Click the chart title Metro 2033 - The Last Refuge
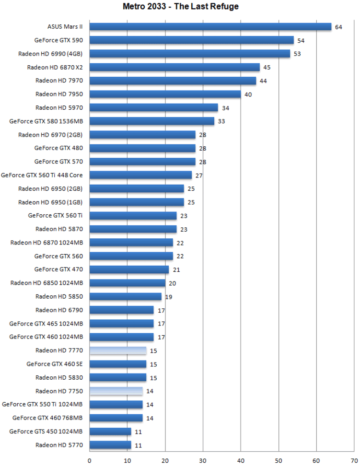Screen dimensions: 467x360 tap(180, 7)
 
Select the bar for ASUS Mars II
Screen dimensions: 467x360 tap(210, 27)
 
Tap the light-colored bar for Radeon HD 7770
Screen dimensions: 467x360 tap(118, 350)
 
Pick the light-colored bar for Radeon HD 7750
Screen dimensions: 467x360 tap(116, 391)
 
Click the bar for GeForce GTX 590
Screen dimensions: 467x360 tap(192, 40)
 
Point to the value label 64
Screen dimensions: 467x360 tap(338, 27)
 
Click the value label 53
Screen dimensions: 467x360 tap(297, 54)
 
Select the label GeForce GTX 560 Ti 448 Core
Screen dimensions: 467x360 tap(42, 175)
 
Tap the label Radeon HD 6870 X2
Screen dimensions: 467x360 tap(55, 67)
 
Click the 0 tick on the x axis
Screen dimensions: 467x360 tap(90, 460)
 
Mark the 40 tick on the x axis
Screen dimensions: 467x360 tap(241, 460)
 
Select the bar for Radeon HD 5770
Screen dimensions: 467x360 tap(110, 445)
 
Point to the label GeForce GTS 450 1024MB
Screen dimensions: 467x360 tap(46, 432)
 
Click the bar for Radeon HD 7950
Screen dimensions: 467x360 tap(165, 94)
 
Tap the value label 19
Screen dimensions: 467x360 tap(169, 297)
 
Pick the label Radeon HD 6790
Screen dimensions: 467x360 tap(59, 310)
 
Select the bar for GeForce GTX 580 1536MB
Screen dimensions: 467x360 tap(152, 121)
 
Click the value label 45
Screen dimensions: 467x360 tap(267, 67)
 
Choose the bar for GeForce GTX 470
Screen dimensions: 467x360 tap(129, 269)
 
